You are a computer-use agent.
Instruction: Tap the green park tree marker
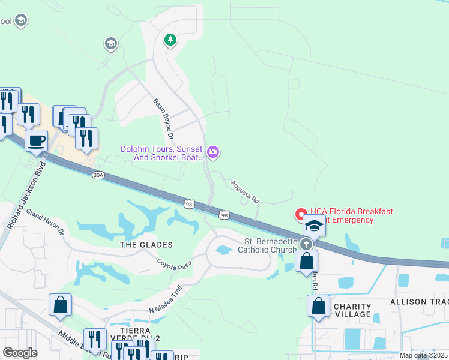(x=170, y=40)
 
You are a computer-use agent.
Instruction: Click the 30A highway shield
(x=98, y=175)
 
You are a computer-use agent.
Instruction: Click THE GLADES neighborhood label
(x=146, y=245)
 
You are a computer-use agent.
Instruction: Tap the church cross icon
(x=307, y=244)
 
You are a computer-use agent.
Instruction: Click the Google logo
(x=20, y=353)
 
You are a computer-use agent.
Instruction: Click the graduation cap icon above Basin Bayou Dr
(x=110, y=43)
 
